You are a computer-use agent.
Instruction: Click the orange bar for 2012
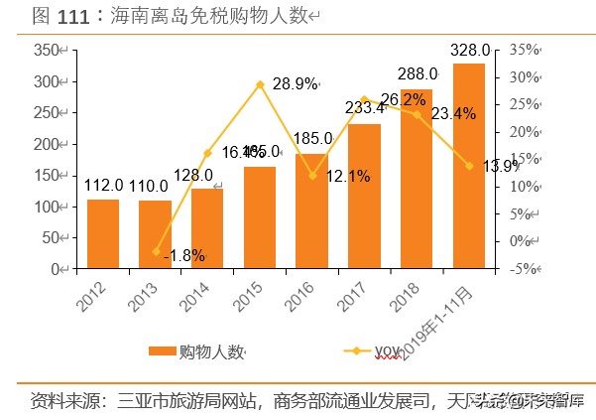tap(103, 234)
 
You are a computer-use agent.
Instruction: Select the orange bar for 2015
tap(260, 217)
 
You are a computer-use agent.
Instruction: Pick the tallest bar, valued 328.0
tap(469, 167)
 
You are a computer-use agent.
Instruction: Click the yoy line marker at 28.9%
tap(260, 84)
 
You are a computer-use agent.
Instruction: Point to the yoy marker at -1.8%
tap(156, 251)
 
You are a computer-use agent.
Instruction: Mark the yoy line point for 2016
tap(312, 176)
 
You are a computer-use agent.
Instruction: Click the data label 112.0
tap(103, 186)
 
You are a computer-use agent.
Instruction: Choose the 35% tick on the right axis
tap(526, 50)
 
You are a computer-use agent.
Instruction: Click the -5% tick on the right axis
tap(526, 268)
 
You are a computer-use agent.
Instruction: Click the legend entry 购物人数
tap(198, 350)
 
